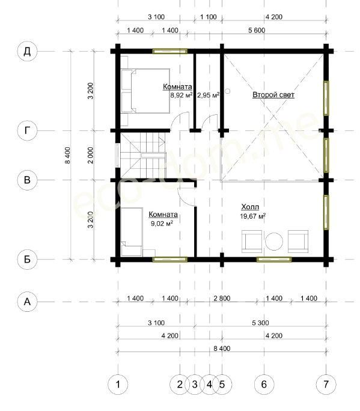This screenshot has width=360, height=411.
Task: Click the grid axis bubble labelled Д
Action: (x=27, y=52)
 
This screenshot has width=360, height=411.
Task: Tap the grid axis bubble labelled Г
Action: (x=27, y=130)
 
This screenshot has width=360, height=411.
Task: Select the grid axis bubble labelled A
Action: (x=27, y=302)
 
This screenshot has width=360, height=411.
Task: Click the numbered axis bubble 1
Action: (x=118, y=385)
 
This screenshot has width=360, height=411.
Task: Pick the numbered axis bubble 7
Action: (x=326, y=385)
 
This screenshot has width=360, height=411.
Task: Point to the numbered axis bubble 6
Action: (x=264, y=385)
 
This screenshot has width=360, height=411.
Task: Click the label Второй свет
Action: (x=273, y=94)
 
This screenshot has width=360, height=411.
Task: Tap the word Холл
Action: (x=250, y=207)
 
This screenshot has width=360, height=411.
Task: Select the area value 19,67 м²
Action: (x=253, y=216)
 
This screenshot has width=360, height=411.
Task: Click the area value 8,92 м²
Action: (x=182, y=95)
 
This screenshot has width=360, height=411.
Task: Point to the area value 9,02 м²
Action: (x=162, y=224)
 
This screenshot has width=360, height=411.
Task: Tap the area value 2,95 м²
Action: (x=208, y=95)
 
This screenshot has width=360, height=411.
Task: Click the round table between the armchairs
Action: (x=274, y=242)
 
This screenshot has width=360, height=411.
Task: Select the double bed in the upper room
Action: (x=145, y=91)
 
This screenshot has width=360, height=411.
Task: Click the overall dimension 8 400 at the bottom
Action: (x=222, y=349)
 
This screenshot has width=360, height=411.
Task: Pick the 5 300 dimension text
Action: (x=260, y=323)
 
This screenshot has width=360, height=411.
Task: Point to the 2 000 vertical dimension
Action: (x=91, y=155)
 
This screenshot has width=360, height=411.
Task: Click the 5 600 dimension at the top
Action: (x=257, y=31)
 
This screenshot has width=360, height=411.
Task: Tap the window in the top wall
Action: (x=170, y=51)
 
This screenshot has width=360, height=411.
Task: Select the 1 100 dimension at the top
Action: (x=209, y=17)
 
